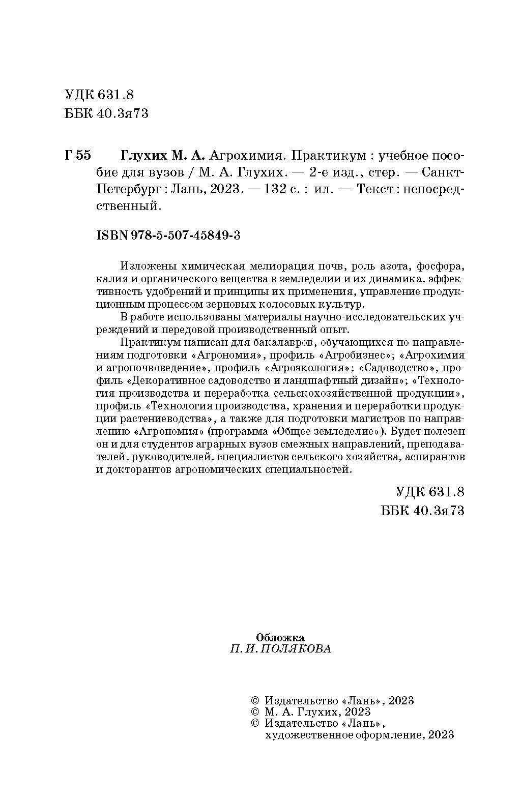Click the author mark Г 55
pyautogui.click(x=78, y=155)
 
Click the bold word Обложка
pyautogui.click(x=280, y=637)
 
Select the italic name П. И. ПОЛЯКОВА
pyautogui.click(x=280, y=649)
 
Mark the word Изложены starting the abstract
pyautogui.click(x=144, y=266)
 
